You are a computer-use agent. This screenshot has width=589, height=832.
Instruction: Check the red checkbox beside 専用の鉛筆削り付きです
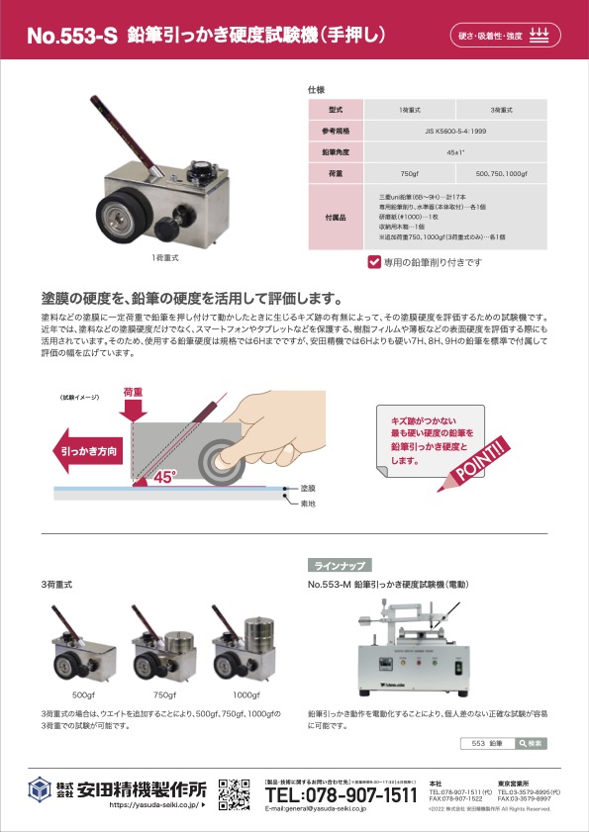(374, 262)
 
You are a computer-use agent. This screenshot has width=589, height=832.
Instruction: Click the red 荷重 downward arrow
(132, 403)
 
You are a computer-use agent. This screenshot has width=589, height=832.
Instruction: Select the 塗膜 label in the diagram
(307, 489)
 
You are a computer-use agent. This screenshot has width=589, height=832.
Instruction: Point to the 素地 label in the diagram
(307, 503)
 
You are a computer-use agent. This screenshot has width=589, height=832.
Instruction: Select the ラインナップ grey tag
(341, 566)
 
